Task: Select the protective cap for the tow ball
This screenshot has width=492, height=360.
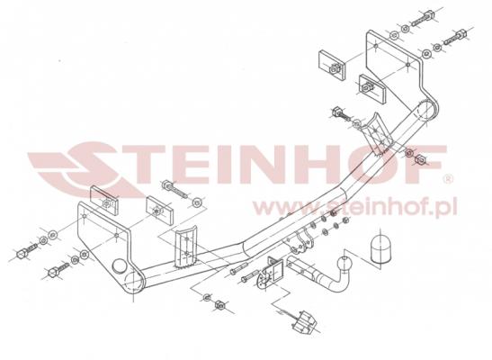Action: click(381, 248)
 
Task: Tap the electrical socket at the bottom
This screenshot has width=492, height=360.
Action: click(303, 320)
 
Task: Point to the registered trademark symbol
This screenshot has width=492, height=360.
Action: click(447, 179)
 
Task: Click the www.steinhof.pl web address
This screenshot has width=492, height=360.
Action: click(355, 207)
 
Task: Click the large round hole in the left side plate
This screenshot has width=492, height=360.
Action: click(120, 266)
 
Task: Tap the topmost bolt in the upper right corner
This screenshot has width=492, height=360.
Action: click(425, 18)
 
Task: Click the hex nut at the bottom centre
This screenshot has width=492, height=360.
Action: click(219, 305)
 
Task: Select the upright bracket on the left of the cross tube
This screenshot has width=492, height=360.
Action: click(186, 247)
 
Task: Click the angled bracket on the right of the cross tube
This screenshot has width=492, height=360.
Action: click(377, 135)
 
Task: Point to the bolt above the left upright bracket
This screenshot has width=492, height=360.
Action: click(174, 189)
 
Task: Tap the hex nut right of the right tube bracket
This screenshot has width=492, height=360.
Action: click(420, 159)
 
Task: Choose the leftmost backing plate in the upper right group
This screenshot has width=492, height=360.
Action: click(332, 66)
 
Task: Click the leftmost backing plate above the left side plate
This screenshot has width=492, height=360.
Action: click(105, 201)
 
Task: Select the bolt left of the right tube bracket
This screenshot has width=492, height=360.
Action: click(342, 114)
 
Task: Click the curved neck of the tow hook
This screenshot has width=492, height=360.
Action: click(335, 283)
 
